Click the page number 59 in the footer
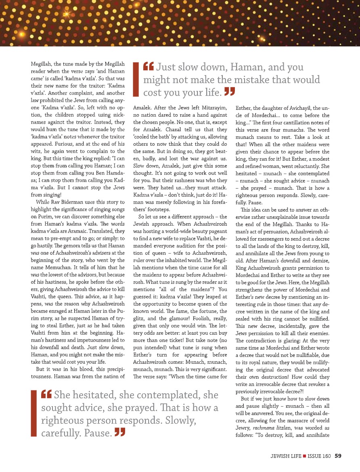click(338, 456)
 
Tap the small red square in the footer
click(305, 456)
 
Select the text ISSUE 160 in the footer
click(319, 456)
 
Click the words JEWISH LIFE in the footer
click(287, 456)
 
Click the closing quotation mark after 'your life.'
click(230, 92)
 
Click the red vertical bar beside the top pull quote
click(136, 79)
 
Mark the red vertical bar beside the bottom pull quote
click(33, 414)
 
